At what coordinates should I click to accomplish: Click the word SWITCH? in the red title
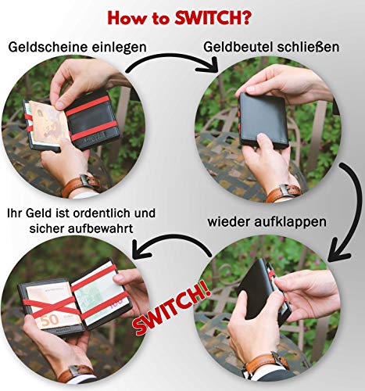tap(213, 18)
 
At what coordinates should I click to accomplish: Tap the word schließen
tap(308, 47)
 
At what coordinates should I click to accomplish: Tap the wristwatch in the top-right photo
tap(283, 192)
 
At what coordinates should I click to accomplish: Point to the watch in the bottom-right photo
tap(266, 362)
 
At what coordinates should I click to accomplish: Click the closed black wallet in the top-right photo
tap(264, 120)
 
